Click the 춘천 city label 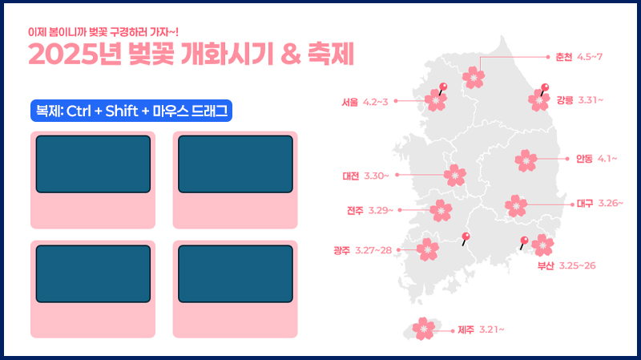coord(564,57)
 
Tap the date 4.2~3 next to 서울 coord(375,102)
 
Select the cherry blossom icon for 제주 coord(424,329)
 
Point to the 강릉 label coord(565,100)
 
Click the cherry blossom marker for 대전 coord(454,176)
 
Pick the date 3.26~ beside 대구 coord(611,204)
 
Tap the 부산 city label coord(546,266)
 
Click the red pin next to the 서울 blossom coord(442,88)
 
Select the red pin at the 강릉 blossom coord(544,89)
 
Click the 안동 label coord(584,159)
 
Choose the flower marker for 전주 coord(441,211)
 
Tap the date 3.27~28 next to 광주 coord(373,250)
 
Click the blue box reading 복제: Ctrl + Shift coord(131,111)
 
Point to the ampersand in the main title coord(291,55)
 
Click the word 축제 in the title coord(331,54)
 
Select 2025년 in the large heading coord(75,54)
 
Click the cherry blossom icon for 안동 coord(526,160)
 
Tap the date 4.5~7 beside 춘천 coord(590,57)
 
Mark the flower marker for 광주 coord(428,249)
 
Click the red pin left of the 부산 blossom coord(524,243)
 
